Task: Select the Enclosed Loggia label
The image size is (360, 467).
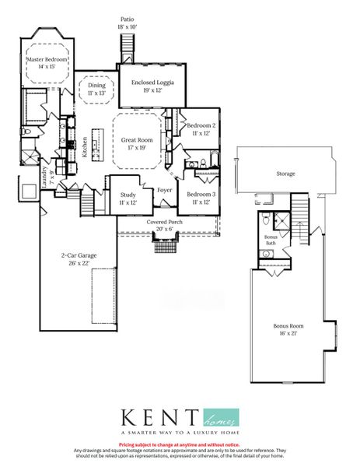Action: click(x=152, y=82)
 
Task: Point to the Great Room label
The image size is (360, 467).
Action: click(x=139, y=140)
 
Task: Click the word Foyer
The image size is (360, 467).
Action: click(x=164, y=189)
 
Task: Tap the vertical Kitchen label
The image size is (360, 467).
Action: click(x=84, y=147)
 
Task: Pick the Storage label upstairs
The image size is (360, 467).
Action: click(x=286, y=174)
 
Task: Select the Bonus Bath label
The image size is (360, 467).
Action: click(x=271, y=239)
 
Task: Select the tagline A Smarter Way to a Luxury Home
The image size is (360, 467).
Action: click(x=180, y=432)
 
